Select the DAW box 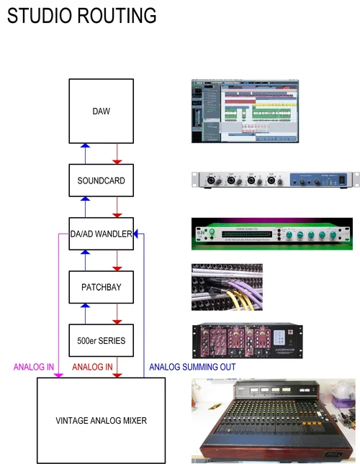101,111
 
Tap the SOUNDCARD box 101,181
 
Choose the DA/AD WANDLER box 101,234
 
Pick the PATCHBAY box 101,286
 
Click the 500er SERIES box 101,340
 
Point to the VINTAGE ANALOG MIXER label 101,420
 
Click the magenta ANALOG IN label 34,367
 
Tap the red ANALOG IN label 92,367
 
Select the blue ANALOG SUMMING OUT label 192,367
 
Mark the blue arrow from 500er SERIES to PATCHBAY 84,313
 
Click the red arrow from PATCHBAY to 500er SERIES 117,313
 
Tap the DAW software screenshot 243,111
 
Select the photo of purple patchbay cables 227,286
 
